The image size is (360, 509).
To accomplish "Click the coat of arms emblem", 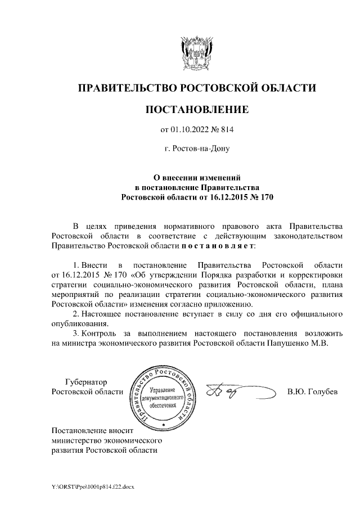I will pyautogui.click(x=196, y=52).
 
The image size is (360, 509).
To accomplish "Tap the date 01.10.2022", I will pyautogui.click(x=190, y=130).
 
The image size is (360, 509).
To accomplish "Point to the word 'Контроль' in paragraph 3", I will pyautogui.click(x=99, y=333).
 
